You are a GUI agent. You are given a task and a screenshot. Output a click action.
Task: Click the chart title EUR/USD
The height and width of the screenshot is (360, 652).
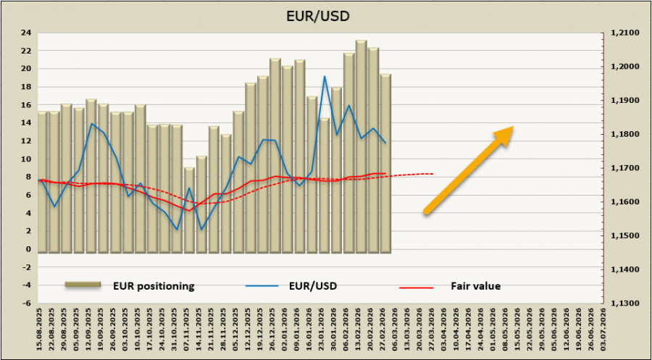[325, 14]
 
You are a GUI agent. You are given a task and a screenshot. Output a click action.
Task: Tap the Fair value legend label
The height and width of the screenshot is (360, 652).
[477, 286]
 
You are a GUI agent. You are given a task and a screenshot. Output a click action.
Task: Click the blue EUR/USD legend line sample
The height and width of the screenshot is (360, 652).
[264, 286]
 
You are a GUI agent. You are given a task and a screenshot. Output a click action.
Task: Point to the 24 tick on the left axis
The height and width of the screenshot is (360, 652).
[25, 33]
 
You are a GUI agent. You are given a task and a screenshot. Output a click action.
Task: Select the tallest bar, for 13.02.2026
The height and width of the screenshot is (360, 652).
[361, 145]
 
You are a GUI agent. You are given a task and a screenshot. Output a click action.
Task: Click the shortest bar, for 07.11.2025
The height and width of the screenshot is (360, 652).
[189, 210]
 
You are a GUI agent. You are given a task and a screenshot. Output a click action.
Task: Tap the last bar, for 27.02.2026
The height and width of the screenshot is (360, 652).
[385, 163]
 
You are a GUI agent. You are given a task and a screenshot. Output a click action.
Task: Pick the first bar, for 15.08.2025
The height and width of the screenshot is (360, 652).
[42, 181]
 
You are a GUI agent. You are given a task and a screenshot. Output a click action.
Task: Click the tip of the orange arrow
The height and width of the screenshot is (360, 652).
[513, 128]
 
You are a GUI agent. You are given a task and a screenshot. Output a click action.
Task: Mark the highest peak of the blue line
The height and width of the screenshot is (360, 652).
[324, 76]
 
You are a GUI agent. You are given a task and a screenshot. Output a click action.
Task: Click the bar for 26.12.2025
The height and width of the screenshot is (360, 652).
[275, 156]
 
